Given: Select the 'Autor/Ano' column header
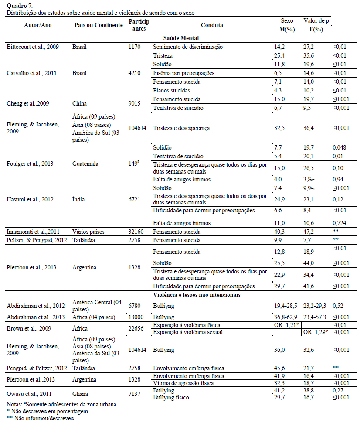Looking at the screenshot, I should [x=38, y=25].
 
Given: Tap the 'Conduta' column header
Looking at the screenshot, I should [x=212, y=25].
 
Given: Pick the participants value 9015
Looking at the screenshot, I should [x=135, y=104].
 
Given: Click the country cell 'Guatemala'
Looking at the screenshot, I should [x=86, y=164].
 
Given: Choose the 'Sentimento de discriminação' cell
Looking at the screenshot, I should [x=188, y=47].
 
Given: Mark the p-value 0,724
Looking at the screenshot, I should [x=339, y=223].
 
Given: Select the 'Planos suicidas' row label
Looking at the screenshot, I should [x=171, y=90].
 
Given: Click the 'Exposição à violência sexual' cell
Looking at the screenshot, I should [x=188, y=332].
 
